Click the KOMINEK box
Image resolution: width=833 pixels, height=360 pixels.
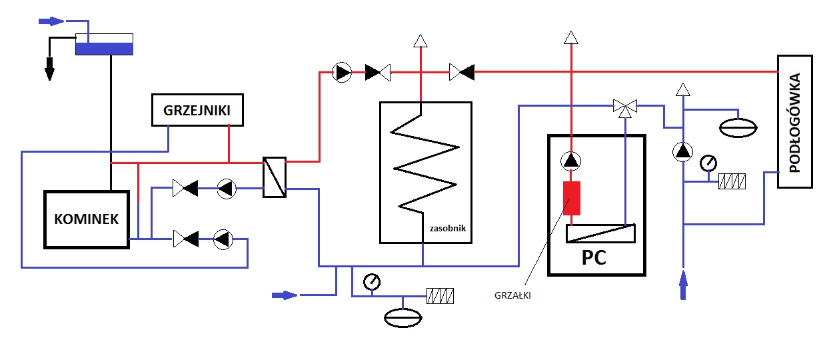(x=87, y=219)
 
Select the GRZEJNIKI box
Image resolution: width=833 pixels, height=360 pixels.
(x=197, y=110)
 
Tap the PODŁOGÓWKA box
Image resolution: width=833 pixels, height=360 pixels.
(x=795, y=121)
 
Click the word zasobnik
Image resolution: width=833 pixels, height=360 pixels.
(x=448, y=229)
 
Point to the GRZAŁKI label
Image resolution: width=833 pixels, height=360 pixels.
(x=512, y=295)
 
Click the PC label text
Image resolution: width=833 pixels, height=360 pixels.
(x=594, y=257)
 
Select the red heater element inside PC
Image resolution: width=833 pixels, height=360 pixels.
(x=572, y=198)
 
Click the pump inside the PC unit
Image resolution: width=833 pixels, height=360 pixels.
(x=571, y=161)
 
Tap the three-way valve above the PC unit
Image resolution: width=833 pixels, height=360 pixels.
(x=625, y=108)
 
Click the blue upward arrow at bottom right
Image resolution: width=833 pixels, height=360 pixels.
(x=683, y=285)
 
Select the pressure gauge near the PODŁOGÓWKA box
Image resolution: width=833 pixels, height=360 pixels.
(x=708, y=163)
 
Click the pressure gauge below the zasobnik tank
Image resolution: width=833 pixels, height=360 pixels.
(x=372, y=282)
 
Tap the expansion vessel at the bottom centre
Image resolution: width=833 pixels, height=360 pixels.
(x=403, y=318)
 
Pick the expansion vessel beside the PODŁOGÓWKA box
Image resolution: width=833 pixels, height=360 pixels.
(x=738, y=128)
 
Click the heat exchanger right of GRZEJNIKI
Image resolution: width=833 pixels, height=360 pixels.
(x=275, y=177)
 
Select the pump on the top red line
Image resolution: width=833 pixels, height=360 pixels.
(x=342, y=73)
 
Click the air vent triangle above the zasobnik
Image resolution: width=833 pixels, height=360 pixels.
(x=420, y=41)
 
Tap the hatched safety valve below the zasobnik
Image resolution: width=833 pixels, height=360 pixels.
(x=440, y=296)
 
